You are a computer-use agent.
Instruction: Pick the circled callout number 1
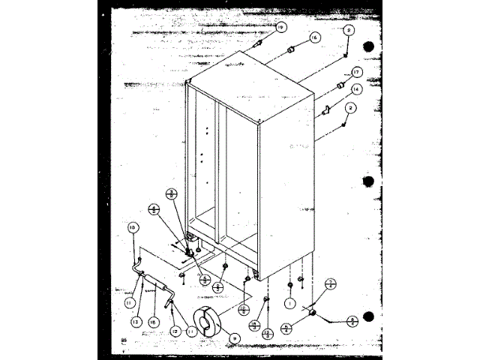tap(288, 304)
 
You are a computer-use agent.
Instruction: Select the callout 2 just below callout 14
tap(349, 107)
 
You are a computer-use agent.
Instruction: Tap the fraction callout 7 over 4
tap(331, 283)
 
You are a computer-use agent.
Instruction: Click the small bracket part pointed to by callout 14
tap(328, 110)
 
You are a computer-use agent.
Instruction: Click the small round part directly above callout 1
tap(289, 285)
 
